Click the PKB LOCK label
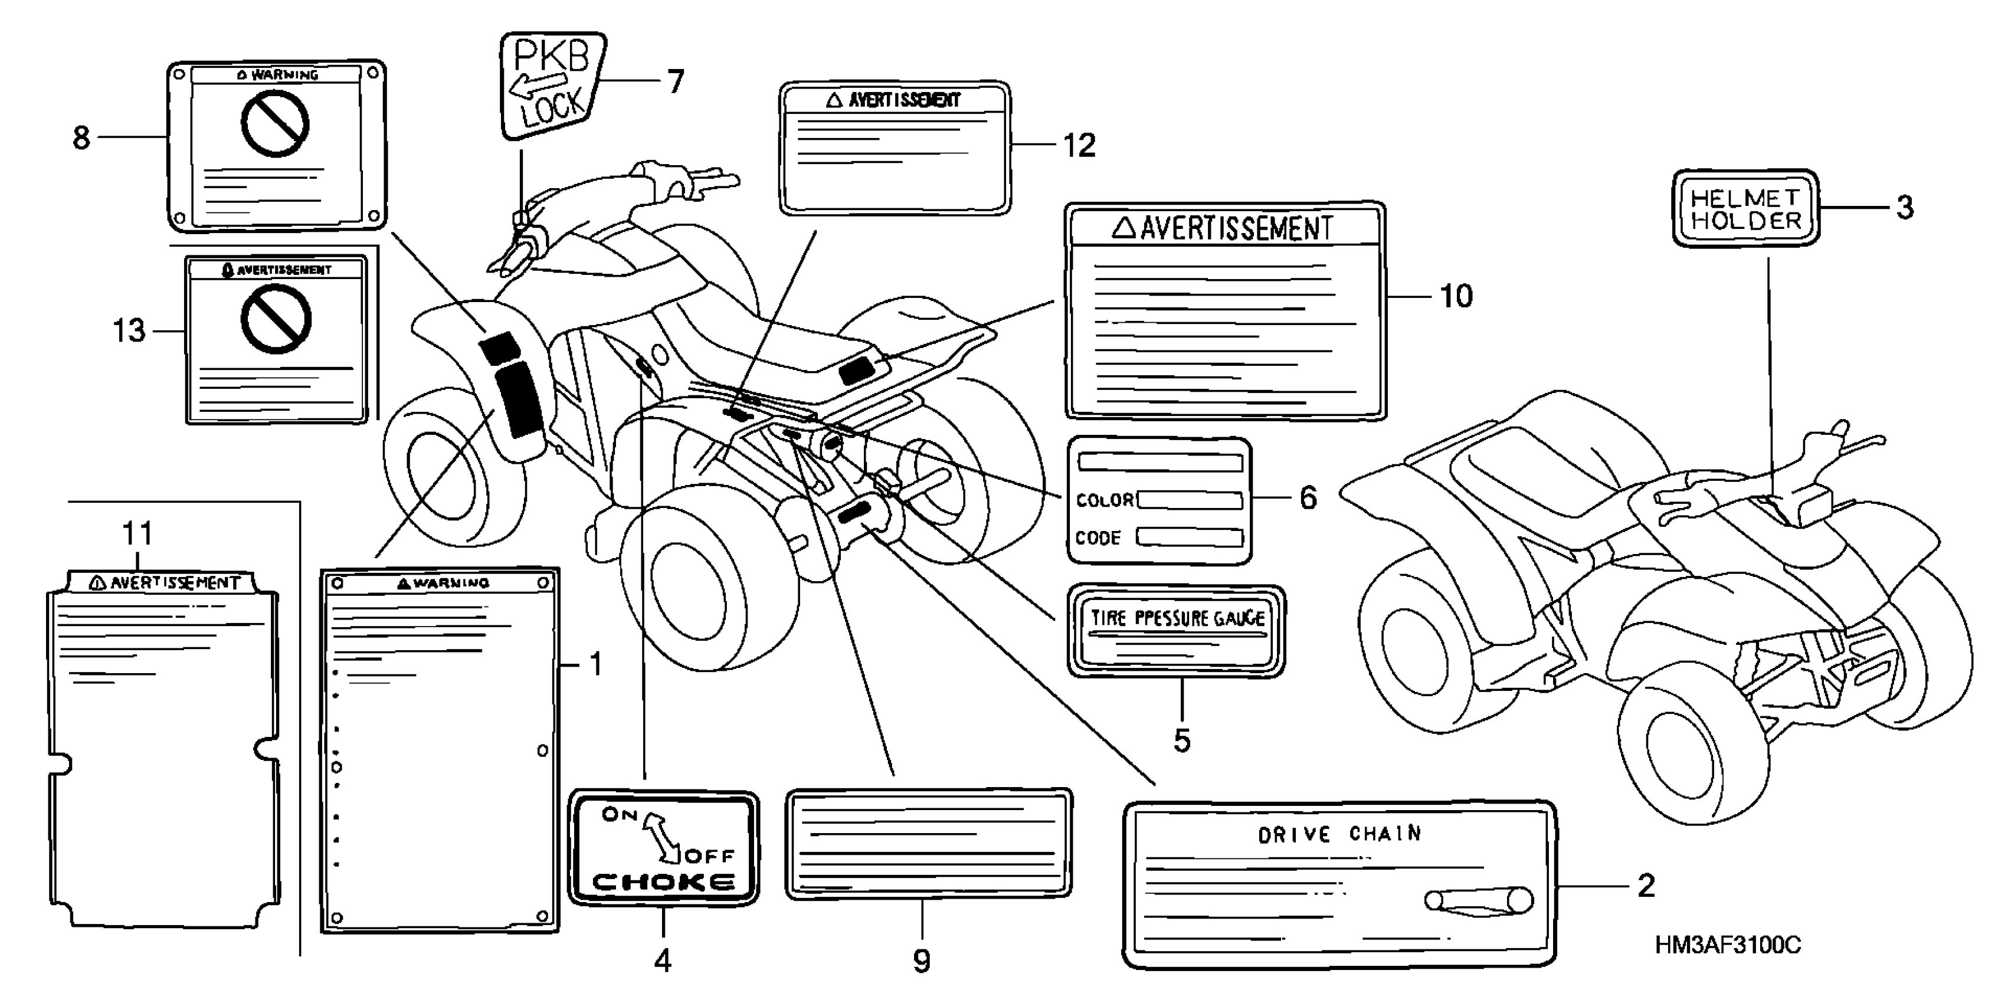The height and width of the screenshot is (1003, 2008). (552, 84)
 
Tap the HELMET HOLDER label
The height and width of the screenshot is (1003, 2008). (1745, 208)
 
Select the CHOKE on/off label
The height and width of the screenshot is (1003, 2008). (663, 848)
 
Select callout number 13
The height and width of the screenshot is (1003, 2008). (129, 331)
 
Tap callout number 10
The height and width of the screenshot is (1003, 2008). (1455, 296)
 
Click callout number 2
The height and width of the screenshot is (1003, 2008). (1646, 886)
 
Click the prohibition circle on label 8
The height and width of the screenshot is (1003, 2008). (274, 123)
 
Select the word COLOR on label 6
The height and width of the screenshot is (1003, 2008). (1105, 500)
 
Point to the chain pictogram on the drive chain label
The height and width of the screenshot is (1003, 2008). (1478, 901)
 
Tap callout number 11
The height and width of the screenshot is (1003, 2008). (137, 534)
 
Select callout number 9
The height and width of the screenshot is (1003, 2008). (921, 962)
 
